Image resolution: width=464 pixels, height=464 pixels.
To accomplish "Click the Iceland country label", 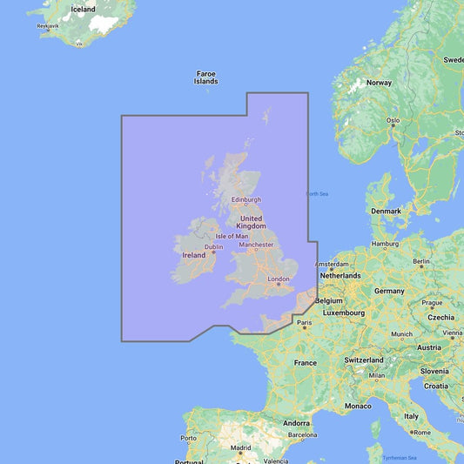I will click(84, 9).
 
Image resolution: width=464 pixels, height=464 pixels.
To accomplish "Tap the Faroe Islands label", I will click(206, 77).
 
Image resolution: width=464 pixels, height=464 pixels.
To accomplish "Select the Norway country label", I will click(379, 83).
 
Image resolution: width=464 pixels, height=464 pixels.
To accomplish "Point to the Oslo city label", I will click(393, 119).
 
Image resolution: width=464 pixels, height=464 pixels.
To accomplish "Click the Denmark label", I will click(386, 211).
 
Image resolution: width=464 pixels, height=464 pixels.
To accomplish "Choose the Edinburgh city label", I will click(246, 199).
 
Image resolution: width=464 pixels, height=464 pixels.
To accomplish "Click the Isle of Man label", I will click(232, 236).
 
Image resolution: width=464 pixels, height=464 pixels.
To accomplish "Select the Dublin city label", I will click(212, 246).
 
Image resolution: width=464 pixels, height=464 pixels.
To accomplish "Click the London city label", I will click(279, 279).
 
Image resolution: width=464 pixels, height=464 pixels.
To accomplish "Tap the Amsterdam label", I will click(332, 264).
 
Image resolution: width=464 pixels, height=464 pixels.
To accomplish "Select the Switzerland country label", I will click(364, 359).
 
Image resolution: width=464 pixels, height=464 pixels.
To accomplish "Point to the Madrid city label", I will click(241, 448).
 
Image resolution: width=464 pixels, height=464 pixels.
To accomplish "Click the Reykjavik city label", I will click(47, 26).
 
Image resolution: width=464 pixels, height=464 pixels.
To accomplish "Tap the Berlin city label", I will click(421, 261).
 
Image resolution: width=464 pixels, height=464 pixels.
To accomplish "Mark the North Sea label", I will click(318, 193).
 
